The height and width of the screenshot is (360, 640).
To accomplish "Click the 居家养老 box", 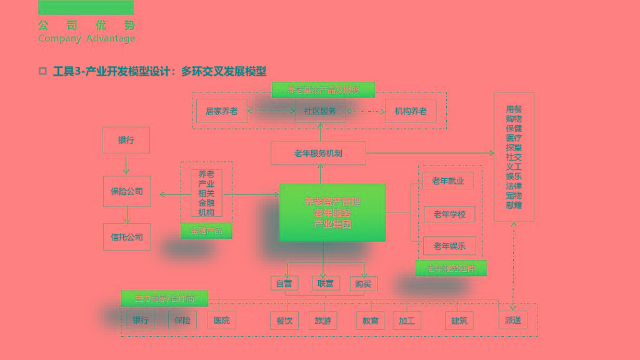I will coord(221,111).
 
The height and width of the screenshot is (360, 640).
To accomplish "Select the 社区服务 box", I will coord(320,111).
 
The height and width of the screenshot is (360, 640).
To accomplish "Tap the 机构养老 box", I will coord(411,111).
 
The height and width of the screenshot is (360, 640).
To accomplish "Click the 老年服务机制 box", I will coord(318,153).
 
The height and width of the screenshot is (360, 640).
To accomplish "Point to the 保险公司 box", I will coord(127,191).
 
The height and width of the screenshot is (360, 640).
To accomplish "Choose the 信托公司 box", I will coord(127,237).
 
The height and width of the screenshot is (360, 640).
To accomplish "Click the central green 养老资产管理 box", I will coord(332,212).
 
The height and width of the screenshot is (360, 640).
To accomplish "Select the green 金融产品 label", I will coord(206,231).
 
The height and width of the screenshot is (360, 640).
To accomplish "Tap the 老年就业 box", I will coord(448,181).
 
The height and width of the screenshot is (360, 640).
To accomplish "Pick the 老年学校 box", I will coord(449,214).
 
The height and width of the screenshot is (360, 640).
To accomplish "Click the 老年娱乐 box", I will coord(449,246).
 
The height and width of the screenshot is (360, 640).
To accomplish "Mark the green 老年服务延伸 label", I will coord(451,268).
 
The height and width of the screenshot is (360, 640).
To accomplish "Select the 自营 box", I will coord(284,284).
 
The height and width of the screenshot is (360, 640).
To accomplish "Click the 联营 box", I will coord(325,284).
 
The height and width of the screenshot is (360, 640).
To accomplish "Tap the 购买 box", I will coord(363,284).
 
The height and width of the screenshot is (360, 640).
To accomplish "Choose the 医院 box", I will coord(221,321).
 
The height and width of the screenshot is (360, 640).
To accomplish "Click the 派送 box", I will coord(512,321).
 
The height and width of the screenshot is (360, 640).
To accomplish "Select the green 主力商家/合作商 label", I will coord(164,299).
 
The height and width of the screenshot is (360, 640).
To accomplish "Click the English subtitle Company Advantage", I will coord(86,39).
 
